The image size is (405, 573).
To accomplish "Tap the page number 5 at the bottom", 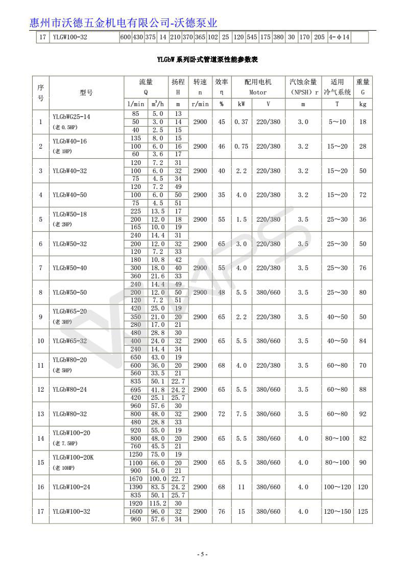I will point(202,554).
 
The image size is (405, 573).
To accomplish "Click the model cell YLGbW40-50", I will point(70,195).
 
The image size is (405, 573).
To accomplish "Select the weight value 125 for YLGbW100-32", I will point(363,511).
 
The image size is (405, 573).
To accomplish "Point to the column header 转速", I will point(200,82).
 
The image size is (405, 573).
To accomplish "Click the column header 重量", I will point(363,82).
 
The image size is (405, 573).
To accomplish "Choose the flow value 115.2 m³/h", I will point(157,503).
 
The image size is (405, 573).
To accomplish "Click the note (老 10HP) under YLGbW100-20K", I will point(66,468).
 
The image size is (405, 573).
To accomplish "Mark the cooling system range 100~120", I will point(337,487).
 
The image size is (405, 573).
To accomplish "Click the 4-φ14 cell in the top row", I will point(339,37).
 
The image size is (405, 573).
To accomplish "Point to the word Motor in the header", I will point(258,92).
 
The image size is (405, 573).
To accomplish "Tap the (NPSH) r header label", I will point(303,92).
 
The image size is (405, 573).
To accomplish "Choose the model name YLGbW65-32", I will point(70,341).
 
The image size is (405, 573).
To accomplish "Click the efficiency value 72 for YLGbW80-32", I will point(221,414).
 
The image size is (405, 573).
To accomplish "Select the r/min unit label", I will point(200,104).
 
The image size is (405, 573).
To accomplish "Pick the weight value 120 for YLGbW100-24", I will point(363,487).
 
